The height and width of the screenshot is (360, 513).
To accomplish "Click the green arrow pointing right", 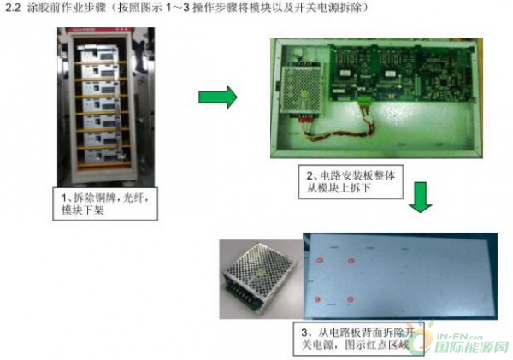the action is (x=217, y=97).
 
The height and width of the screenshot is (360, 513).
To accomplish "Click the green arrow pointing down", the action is (x=421, y=197).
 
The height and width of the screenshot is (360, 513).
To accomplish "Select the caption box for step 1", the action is (x=105, y=204).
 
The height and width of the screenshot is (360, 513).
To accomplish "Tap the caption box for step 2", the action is (x=351, y=181).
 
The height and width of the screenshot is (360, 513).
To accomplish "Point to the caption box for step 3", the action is (x=358, y=339).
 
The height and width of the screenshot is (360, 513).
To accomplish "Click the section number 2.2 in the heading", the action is (x=13, y=8).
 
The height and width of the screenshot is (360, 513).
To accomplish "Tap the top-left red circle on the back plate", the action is (x=319, y=261).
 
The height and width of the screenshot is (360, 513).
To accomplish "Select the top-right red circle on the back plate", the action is (x=351, y=261).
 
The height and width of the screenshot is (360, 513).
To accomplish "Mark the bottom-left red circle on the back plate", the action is (x=317, y=299).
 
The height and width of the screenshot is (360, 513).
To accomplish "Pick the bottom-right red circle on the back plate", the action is (x=351, y=299).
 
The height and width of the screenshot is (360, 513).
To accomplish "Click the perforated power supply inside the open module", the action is (x=302, y=88).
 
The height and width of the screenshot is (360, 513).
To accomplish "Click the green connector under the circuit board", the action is (x=365, y=101).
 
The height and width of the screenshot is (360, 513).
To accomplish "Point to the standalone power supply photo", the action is (x=261, y=279).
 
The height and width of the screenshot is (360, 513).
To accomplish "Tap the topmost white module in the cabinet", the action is (x=97, y=53).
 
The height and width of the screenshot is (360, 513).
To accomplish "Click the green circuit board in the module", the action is (x=402, y=73).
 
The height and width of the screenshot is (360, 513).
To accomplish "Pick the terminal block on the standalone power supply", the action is (x=241, y=294).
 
